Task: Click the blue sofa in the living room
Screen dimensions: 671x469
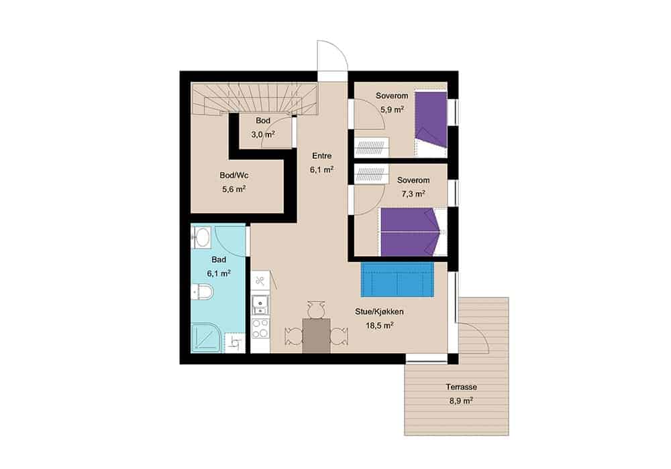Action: tap(397, 279)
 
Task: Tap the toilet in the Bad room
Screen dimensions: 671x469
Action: tap(203, 291)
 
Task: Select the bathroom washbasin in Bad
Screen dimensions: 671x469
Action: tap(201, 237)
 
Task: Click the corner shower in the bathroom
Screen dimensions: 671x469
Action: tap(207, 338)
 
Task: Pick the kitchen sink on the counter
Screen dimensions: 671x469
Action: tap(260, 305)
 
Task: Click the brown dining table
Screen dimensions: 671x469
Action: tap(317, 336)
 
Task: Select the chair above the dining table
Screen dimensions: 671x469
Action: tap(316, 309)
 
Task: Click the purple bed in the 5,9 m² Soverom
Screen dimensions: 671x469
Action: tap(431, 120)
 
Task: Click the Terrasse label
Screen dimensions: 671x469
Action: tap(462, 387)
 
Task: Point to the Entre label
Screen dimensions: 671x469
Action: tap(322, 156)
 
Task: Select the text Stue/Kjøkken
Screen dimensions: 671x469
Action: tap(379, 312)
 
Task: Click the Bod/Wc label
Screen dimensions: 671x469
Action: tap(234, 175)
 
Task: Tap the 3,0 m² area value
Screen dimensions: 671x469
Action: tap(263, 134)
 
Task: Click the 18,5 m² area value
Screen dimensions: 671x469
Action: tap(379, 326)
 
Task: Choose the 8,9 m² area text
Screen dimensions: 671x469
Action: tap(461, 401)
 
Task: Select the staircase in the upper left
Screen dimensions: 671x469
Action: tap(254, 99)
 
